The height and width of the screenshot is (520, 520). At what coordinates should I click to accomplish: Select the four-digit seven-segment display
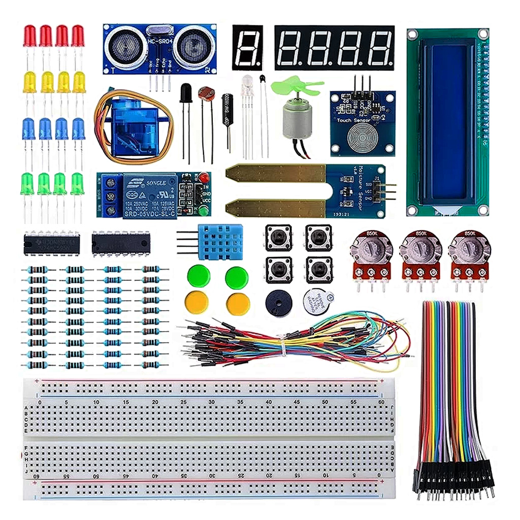click(334, 48)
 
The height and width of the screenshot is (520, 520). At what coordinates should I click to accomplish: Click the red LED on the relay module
click(204, 178)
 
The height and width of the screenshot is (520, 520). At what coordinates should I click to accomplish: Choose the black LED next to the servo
click(186, 93)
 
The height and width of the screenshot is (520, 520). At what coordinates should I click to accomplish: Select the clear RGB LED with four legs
click(247, 82)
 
